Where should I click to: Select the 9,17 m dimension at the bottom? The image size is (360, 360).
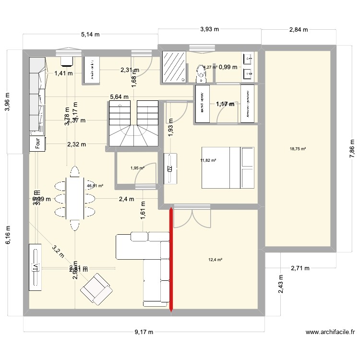point(144,332)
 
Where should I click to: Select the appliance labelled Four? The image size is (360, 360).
point(37,144)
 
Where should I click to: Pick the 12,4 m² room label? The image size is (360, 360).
point(215,260)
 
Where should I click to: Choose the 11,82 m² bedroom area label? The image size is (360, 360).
point(209,161)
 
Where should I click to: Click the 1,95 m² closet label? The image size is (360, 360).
point(137,168)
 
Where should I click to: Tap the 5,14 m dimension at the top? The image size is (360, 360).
point(90,35)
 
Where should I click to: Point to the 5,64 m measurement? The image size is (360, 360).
point(119,97)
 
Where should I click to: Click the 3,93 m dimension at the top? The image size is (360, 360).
point(209,29)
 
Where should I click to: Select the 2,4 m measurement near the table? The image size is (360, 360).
point(127,198)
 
